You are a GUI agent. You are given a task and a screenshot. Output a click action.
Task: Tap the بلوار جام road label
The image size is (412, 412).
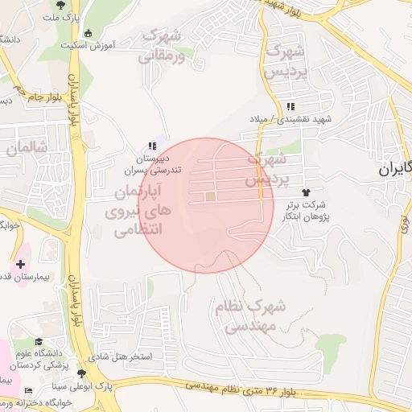pyautogui.click(x=27, y=97)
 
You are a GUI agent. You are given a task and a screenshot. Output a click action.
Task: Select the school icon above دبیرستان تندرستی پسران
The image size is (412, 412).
pyautogui.click(x=151, y=146)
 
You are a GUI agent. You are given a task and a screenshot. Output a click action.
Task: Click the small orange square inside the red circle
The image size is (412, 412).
pyautogui.click(x=210, y=196)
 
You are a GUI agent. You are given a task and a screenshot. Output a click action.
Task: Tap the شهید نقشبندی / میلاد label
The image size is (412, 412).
pyautogui.click(x=288, y=119)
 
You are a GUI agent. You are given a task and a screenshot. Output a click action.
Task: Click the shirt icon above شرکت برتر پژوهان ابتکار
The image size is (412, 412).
pyautogui.click(x=306, y=192)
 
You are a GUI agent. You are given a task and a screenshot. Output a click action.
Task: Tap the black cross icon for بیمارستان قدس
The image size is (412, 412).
pyautogui.click(x=20, y=264)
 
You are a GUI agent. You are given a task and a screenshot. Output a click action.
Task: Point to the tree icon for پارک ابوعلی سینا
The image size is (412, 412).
pyautogui.click(x=81, y=373)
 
